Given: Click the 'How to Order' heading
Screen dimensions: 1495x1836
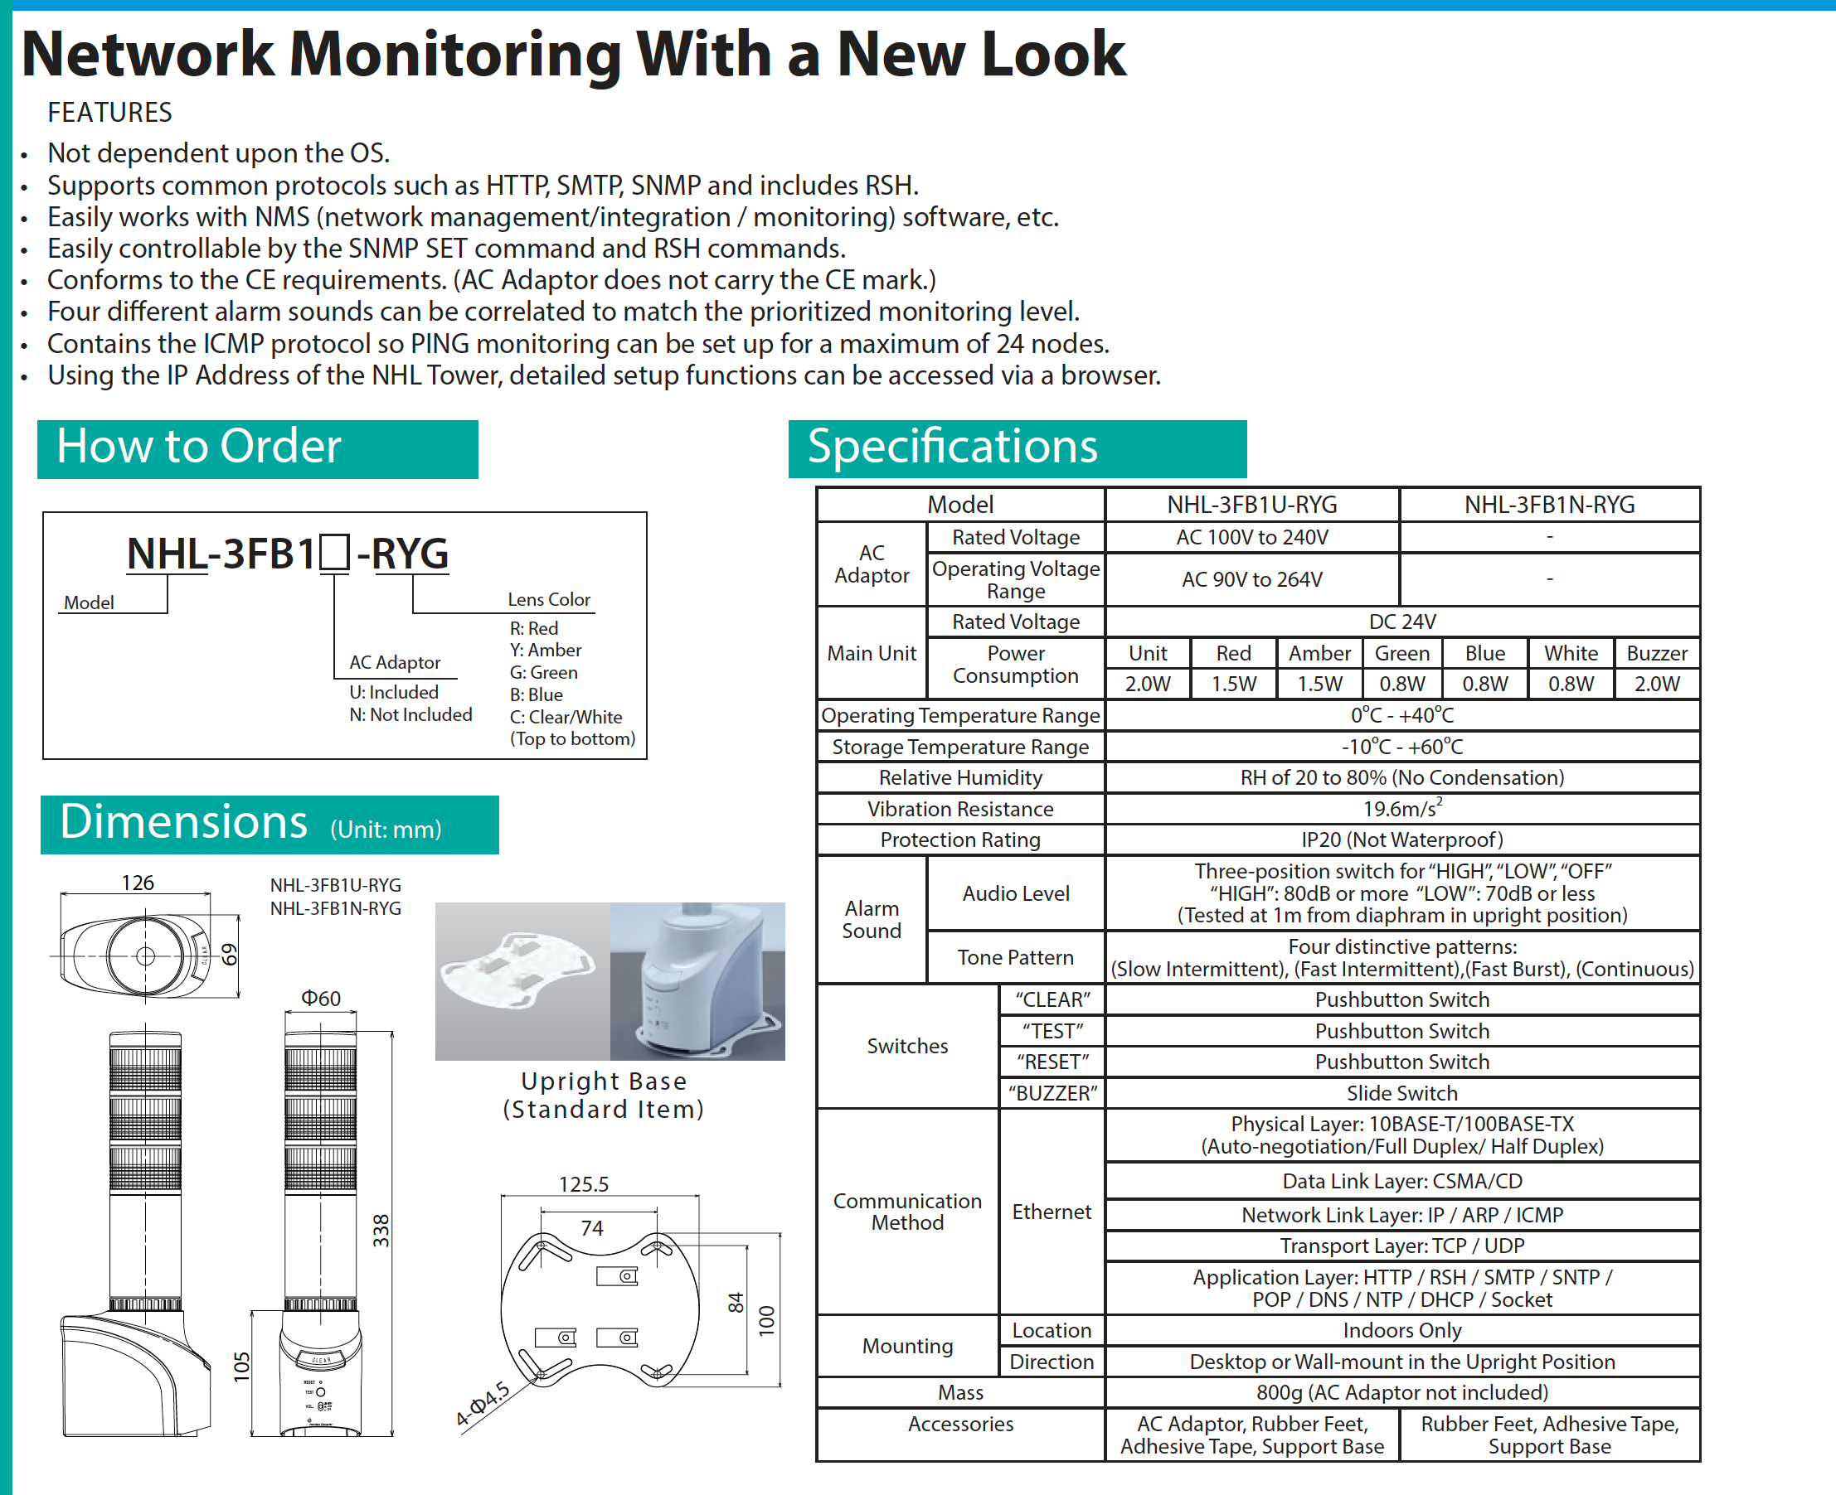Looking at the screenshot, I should pos(199,447).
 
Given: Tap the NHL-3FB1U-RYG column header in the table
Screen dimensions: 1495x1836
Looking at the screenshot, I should pos(1251,505).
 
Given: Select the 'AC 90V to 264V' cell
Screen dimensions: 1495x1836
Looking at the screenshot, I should pos(1251,579).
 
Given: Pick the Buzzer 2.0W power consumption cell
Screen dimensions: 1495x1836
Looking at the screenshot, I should pos(1656,684).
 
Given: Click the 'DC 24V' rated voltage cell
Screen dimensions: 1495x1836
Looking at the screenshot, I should pos(1401,622).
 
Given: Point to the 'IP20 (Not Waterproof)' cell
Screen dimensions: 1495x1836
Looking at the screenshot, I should pos(1401,839).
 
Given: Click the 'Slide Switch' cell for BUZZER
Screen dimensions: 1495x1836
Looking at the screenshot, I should pos(1401,1093).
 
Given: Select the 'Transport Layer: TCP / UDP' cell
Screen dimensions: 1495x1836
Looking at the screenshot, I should pos(1401,1246).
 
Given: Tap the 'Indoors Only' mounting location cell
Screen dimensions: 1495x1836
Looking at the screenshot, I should pos(1401,1331).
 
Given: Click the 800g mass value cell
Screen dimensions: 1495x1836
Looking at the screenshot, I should pos(1401,1392).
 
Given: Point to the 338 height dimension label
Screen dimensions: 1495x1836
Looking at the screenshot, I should pos(381,1231).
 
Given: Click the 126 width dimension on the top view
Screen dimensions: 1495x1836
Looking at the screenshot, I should pos(137,883).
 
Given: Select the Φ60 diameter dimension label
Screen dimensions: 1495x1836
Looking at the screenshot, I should pos(320,998).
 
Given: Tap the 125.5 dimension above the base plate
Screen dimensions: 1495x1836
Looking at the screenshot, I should pos(583,1184).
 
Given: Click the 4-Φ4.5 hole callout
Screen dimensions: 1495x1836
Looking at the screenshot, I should pos(483,1404).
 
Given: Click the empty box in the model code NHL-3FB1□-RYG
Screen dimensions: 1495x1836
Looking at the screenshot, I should pos(334,553).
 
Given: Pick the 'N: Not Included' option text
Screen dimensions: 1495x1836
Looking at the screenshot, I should pos(410,715).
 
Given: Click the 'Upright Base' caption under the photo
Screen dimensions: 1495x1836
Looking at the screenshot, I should pos(603,1081).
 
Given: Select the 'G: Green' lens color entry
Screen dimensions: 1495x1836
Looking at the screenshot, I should pos(544,673).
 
